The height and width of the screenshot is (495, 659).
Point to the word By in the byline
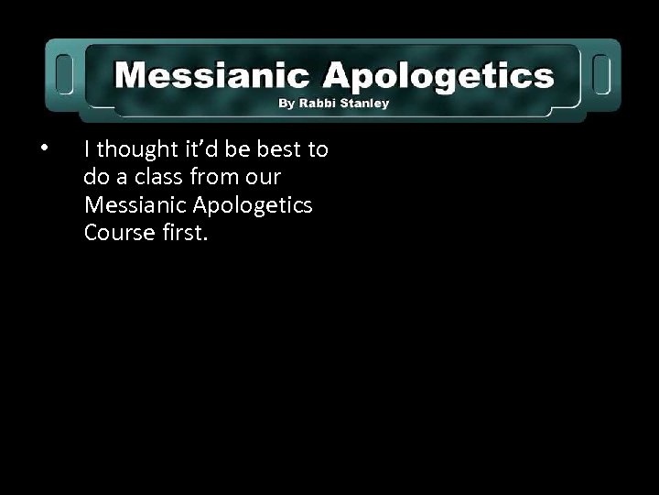[287, 104]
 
